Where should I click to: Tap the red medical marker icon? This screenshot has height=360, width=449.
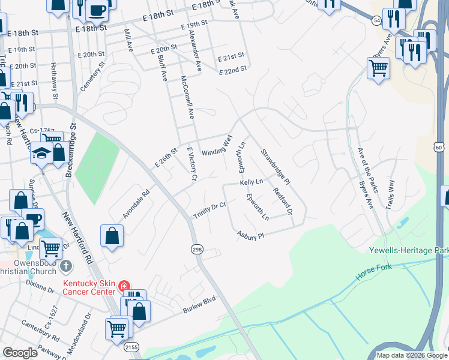click(124, 287)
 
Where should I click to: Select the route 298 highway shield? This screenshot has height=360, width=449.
click(196, 248)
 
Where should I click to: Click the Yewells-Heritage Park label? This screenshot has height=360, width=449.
click(409, 250)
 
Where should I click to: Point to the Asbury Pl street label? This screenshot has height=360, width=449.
click(250, 235)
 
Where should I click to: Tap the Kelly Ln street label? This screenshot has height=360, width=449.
click(252, 181)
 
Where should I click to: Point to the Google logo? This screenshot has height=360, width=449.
click(20, 353)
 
